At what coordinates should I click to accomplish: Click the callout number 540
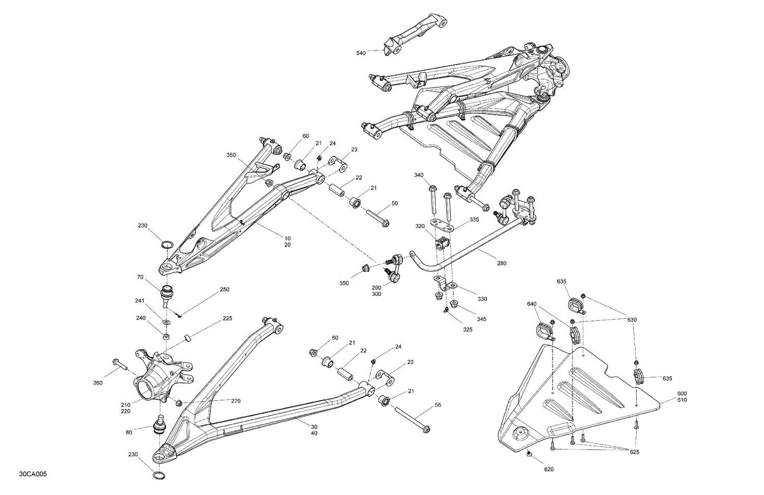[x=361, y=52]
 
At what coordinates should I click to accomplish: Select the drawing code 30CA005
[x=34, y=474]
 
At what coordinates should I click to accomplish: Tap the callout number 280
[x=502, y=264]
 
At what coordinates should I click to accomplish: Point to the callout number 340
[x=419, y=175]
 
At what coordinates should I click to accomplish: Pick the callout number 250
[x=224, y=289]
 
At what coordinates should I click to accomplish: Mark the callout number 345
[x=481, y=319]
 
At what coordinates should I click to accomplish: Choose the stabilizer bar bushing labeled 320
[x=442, y=243]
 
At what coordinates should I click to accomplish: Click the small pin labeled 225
[x=187, y=338]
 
